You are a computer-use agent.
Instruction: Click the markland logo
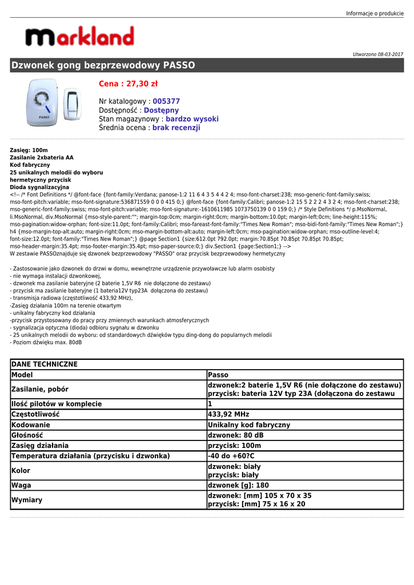point(79,37)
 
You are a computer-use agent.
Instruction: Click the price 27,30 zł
point(128,84)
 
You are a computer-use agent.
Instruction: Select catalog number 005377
point(166,101)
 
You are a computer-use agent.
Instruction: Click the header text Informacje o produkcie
point(375,13)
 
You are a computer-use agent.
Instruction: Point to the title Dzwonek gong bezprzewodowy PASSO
point(103,65)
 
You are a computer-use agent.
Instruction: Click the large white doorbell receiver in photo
point(42,103)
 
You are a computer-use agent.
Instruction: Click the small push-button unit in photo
point(73,105)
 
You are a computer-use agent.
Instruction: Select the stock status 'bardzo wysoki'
point(192,119)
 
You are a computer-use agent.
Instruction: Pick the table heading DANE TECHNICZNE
point(45,364)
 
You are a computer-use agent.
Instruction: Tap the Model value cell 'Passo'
point(218,375)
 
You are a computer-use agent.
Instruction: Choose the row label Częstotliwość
point(35,414)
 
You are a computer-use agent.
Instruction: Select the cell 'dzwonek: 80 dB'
point(236,435)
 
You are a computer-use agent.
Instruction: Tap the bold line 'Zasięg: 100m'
point(29,150)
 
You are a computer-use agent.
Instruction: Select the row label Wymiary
point(27,500)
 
